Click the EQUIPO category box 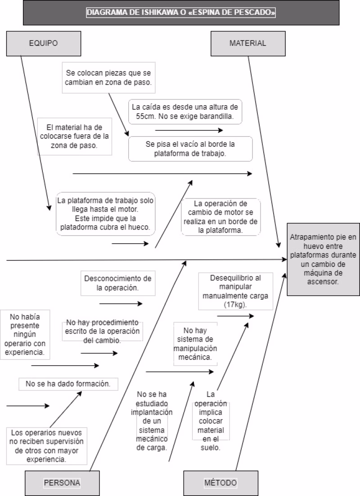coord(44,43)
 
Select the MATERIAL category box coord(247,43)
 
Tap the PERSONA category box coord(62,483)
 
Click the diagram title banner coord(181,13)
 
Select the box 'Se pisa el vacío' coord(190,149)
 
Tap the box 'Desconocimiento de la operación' coord(118,283)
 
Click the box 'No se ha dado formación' coord(68,384)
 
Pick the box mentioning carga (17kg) coord(235,291)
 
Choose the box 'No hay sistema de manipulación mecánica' coord(194,343)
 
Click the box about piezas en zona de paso coord(108,77)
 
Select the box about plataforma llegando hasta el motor coord(106,214)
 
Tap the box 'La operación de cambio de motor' coord(220,216)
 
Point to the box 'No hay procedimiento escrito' coord(103,331)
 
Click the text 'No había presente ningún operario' coord(25,333)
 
